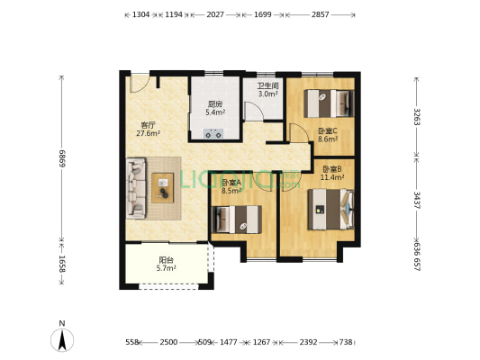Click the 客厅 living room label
pos(148,124)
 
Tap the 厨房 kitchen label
pos(214,103)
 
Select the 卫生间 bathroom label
pos(267,85)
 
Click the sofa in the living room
pos(137,187)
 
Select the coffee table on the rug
pos(165,187)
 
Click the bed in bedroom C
pos(327,104)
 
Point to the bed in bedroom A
pos(236,218)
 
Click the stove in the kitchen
pos(214,134)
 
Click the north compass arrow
pos(61,337)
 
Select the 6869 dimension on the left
pos(61,159)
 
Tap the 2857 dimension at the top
pos(320,15)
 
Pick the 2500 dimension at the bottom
pos(168,343)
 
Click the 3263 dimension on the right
pos(416,118)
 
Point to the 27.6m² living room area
pos(148,134)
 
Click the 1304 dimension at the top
pos(140,15)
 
